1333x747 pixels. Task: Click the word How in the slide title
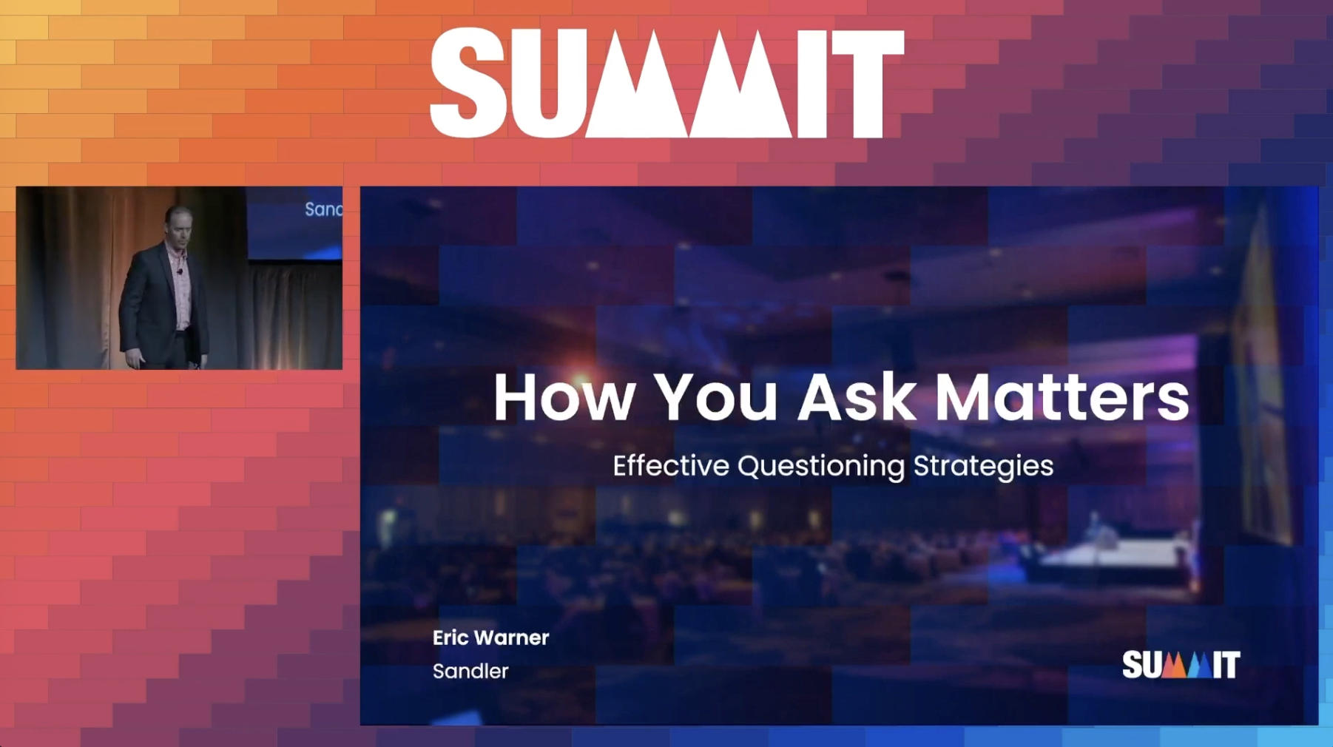coord(564,397)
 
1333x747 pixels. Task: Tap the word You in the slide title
coord(715,397)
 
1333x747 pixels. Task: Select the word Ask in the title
coord(857,397)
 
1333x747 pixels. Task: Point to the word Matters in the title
coord(1062,397)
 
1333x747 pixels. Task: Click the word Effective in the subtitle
coord(671,466)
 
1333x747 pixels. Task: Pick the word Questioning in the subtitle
coord(821,467)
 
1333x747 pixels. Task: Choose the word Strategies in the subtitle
coord(983,467)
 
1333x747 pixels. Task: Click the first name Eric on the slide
coord(450,638)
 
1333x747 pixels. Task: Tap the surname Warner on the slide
coord(511,638)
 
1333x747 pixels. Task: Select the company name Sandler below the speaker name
coord(470,671)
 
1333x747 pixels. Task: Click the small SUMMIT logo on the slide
coord(1181,664)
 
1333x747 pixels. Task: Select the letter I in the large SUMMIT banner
coord(811,84)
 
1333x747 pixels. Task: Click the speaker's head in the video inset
coord(180,223)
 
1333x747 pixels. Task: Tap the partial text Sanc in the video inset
coord(323,209)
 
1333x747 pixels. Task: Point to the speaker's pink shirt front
coord(180,285)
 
